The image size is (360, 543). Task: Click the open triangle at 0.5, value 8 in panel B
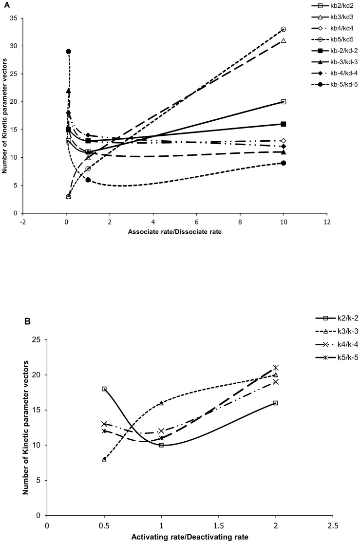click(104, 459)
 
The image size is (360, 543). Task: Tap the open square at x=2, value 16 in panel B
click(276, 403)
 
